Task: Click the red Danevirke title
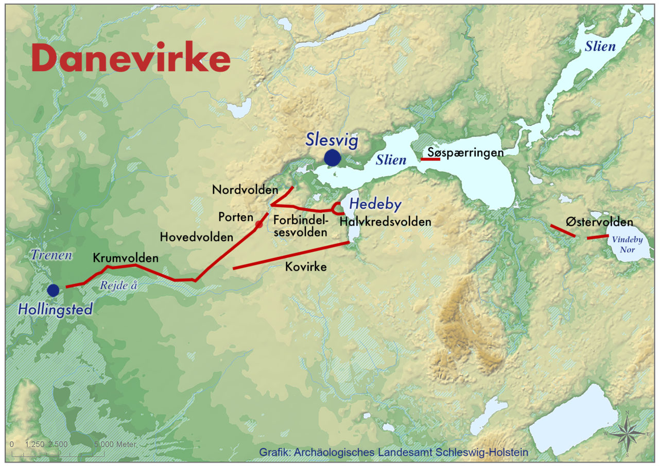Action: point(130,58)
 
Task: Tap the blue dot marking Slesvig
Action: point(333,158)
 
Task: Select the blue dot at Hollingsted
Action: point(53,290)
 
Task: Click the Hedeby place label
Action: point(375,205)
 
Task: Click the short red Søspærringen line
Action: point(430,159)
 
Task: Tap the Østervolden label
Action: point(599,223)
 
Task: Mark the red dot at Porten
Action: point(259,224)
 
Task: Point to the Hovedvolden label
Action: point(196,237)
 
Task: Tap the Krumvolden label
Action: point(126,258)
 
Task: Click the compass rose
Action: point(627,433)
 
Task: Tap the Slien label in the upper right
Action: point(600,46)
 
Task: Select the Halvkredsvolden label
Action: point(385,222)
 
